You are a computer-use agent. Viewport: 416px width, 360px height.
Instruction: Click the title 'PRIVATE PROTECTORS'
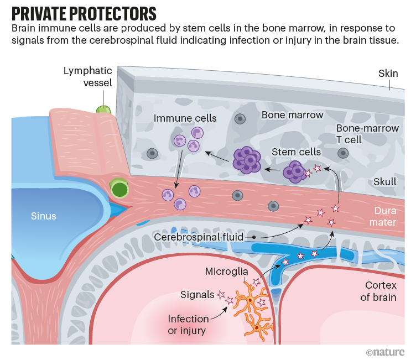[84, 12]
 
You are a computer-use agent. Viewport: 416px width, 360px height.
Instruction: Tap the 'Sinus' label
[43, 216]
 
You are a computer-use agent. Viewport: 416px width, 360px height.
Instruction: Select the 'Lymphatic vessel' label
[88, 77]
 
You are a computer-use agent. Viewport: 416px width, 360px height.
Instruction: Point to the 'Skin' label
[388, 73]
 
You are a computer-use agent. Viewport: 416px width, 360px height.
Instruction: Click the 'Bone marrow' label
[292, 115]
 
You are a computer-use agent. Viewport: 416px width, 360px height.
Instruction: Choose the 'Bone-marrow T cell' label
[367, 134]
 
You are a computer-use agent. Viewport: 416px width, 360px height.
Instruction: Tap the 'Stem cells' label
[296, 152]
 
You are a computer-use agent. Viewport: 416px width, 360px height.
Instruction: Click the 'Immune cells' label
[185, 118]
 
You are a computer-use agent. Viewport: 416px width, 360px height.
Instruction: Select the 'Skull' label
[385, 181]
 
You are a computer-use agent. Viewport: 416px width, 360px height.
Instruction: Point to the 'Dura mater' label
[385, 216]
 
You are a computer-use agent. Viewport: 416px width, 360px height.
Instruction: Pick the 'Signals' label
[197, 295]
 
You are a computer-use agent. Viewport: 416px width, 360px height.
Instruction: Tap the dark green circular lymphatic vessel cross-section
[118, 189]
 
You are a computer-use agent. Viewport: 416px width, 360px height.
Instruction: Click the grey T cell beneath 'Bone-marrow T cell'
[343, 153]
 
